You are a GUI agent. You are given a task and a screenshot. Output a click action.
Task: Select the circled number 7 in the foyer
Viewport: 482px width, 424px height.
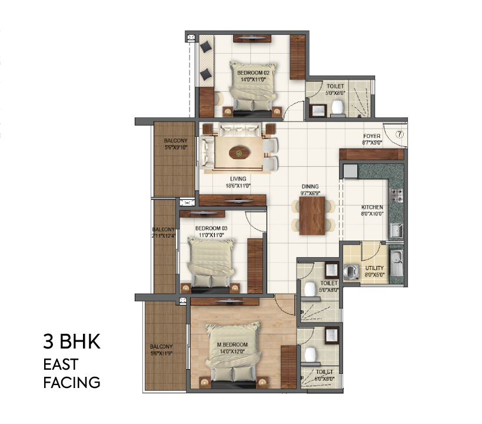pyautogui.click(x=399, y=134)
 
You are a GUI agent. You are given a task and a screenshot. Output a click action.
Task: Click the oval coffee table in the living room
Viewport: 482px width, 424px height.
pyautogui.click(x=238, y=153)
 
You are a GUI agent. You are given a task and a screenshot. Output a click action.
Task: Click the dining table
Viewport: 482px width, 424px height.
pyautogui.click(x=312, y=215)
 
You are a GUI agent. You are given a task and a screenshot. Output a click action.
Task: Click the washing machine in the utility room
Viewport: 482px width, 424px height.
pyautogui.click(x=351, y=272)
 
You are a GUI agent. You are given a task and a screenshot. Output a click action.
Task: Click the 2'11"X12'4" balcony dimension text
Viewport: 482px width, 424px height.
pyautogui.click(x=163, y=236)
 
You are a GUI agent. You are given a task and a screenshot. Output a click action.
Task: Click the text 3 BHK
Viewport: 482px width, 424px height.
pyautogui.click(x=72, y=343)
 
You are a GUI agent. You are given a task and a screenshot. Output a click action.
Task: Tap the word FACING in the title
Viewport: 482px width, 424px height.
pyautogui.click(x=72, y=383)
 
